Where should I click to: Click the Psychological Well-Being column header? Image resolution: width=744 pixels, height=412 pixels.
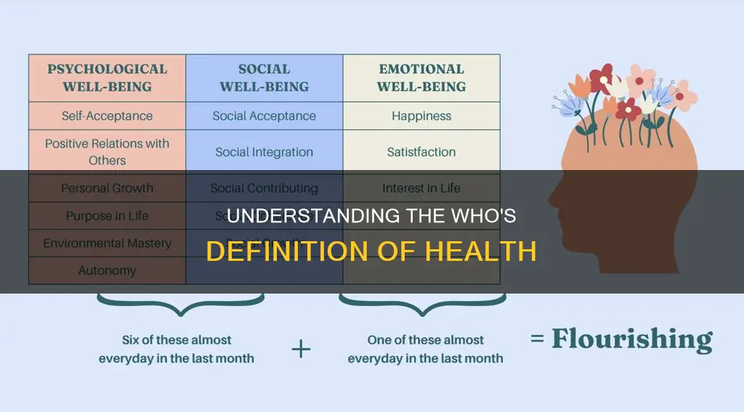pyautogui.click(x=107, y=78)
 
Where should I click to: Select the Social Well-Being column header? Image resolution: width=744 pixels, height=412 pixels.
pyautogui.click(x=264, y=78)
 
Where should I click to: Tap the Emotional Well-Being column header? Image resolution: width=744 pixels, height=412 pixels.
pyautogui.click(x=421, y=78)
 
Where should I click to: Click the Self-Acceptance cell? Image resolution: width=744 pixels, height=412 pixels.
pyautogui.click(x=107, y=116)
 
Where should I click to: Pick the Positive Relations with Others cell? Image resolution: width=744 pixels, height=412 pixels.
pyautogui.click(x=107, y=151)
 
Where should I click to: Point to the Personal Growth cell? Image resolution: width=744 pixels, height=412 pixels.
pyautogui.click(x=107, y=187)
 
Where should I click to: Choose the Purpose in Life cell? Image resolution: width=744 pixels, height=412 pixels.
pyautogui.click(x=107, y=216)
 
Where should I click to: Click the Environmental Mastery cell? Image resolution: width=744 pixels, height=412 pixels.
pyautogui.click(x=107, y=243)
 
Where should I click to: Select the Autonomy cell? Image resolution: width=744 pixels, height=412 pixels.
pyautogui.click(x=107, y=270)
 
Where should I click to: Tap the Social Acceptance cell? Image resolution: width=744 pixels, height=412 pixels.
pyautogui.click(x=264, y=116)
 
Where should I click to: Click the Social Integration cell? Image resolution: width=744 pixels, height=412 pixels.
pyautogui.click(x=264, y=152)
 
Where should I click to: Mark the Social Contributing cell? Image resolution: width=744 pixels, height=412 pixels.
pyautogui.click(x=264, y=187)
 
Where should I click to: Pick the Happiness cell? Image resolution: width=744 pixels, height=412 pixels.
pyautogui.click(x=421, y=116)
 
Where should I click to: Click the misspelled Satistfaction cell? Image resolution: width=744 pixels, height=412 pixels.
pyautogui.click(x=421, y=152)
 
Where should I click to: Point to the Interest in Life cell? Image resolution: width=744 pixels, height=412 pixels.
pyautogui.click(x=421, y=187)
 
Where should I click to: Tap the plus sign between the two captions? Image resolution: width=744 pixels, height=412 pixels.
pyautogui.click(x=300, y=349)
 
